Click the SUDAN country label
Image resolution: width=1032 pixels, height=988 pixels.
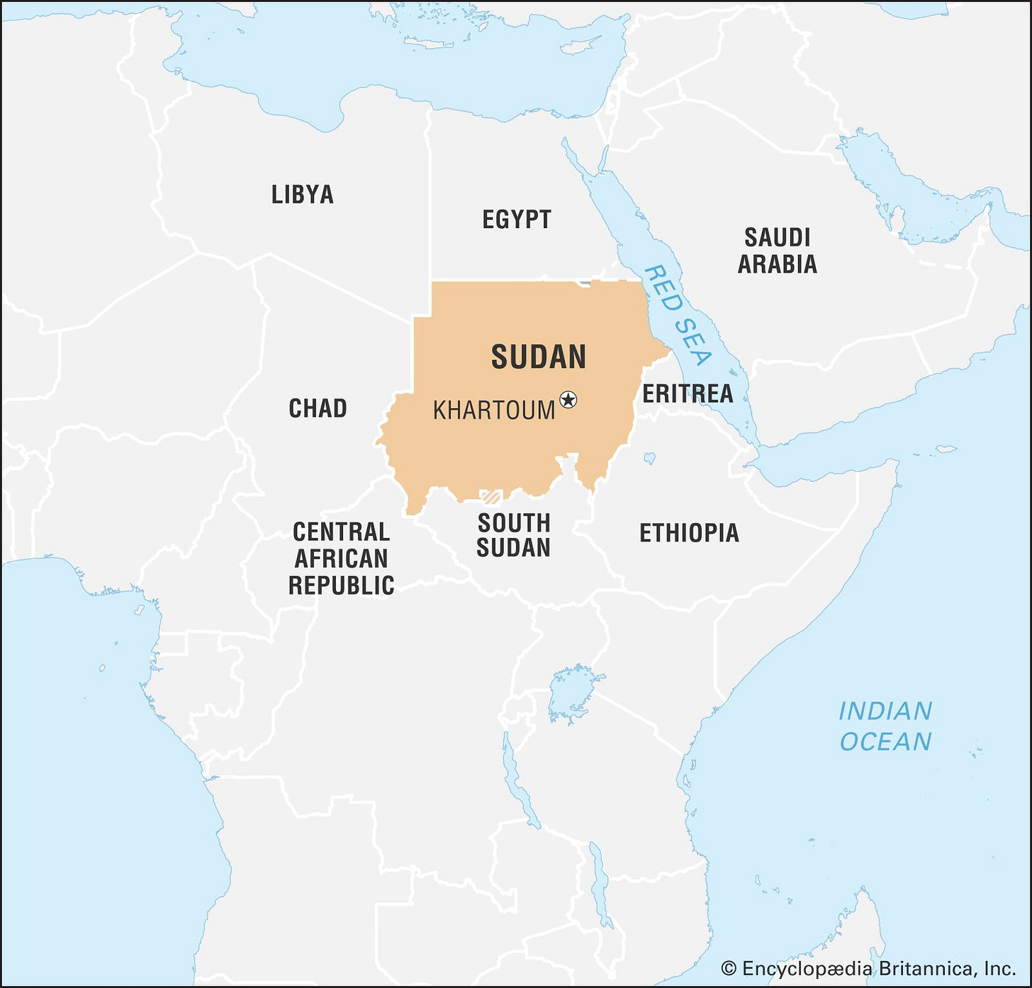pyautogui.click(x=539, y=357)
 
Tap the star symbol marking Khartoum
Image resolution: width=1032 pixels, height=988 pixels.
pyautogui.click(x=568, y=400)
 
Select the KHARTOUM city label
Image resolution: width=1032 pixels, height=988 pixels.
pyautogui.click(x=494, y=410)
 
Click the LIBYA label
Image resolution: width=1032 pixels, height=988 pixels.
pyautogui.click(x=303, y=194)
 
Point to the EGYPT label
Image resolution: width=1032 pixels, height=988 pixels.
pyautogui.click(x=517, y=220)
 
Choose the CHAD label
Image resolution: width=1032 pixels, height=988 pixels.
pyautogui.click(x=318, y=408)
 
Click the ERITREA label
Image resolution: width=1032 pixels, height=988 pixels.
pyautogui.click(x=687, y=393)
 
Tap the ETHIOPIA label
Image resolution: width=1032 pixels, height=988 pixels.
pyautogui.click(x=689, y=533)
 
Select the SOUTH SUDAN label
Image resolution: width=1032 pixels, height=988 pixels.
pyautogui.click(x=514, y=535)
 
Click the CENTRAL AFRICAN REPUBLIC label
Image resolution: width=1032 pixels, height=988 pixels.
pyautogui.click(x=341, y=558)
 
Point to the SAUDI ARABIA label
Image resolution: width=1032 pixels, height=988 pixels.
pyautogui.click(x=778, y=250)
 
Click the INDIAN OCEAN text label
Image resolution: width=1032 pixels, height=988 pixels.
pyautogui.click(x=885, y=726)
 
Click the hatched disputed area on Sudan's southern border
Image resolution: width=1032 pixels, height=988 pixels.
pyautogui.click(x=490, y=496)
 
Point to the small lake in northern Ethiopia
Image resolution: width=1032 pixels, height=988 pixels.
pyautogui.click(x=649, y=459)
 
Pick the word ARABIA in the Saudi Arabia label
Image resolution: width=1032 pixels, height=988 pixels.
pyautogui.click(x=778, y=264)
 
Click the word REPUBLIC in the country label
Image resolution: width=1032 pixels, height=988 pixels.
pyautogui.click(x=341, y=585)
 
